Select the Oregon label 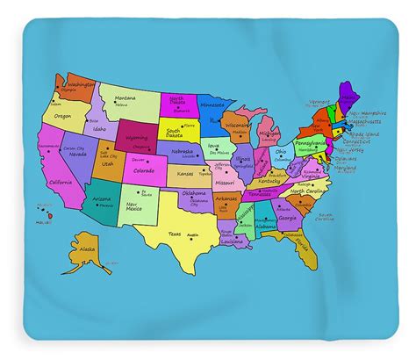point(62,115)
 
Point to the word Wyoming point(137,139)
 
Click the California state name point(61,181)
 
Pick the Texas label point(175,234)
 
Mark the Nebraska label point(183,151)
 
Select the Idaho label point(99,129)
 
